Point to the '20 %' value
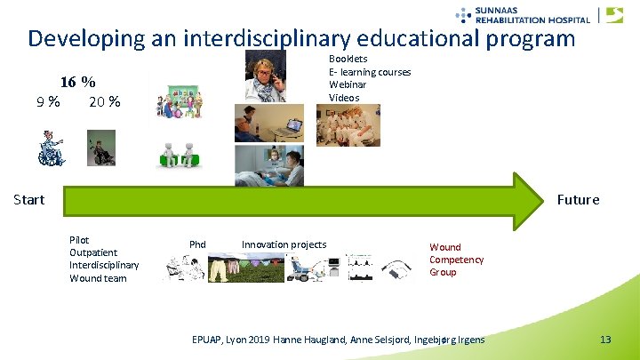click(x=104, y=101)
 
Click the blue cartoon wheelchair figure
click(x=51, y=148)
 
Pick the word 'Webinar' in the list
click(x=348, y=84)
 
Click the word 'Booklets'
click(x=348, y=59)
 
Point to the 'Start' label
click(x=28, y=199)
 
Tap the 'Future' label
click(x=578, y=199)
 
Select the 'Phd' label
click(x=197, y=244)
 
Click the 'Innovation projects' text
click(x=284, y=244)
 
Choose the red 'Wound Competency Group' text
click(x=456, y=260)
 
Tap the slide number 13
click(x=605, y=340)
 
